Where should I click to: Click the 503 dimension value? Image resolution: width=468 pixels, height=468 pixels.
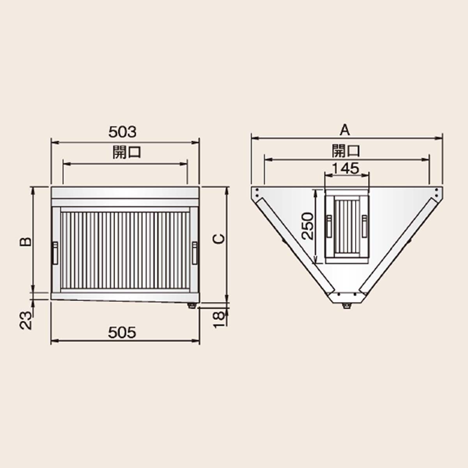[122, 132]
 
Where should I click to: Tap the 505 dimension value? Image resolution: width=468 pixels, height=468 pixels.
[122, 333]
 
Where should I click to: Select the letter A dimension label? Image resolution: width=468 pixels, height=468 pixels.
[345, 130]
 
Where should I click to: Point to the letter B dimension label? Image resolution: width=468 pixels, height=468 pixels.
[26, 242]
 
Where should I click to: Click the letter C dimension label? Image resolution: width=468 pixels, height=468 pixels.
[218, 239]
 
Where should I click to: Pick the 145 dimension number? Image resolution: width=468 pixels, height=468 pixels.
[346, 168]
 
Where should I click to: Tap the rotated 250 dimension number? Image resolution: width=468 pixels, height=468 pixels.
[307, 226]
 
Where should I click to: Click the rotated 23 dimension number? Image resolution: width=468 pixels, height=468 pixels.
[26, 320]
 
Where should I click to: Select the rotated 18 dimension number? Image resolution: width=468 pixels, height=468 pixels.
[218, 320]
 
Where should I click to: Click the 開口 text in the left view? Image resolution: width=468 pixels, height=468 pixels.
[127, 152]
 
